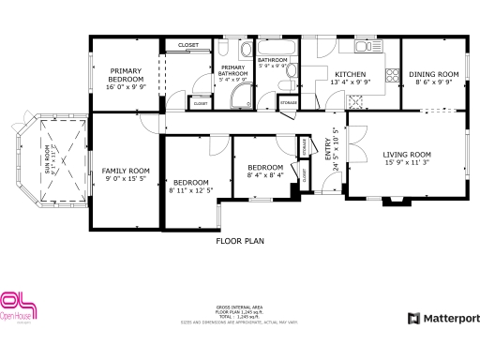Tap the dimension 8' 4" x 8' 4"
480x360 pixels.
tap(265, 174)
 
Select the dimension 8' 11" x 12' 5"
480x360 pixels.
tap(190, 190)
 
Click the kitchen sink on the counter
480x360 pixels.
tap(364, 45)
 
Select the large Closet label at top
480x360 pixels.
tap(188, 44)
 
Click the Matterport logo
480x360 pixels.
tap(443, 319)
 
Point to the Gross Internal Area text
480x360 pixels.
tap(239, 308)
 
